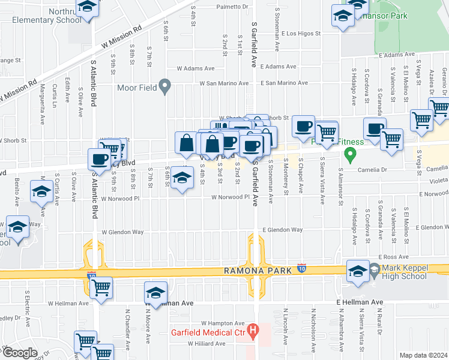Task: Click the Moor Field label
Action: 137,88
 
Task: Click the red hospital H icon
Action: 253,329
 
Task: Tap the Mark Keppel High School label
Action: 405,272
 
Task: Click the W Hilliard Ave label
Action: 206,344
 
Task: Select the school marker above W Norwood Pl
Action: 182,178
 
